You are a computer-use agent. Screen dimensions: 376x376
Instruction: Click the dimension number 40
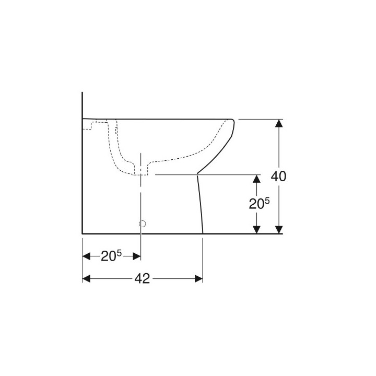(x=278, y=177)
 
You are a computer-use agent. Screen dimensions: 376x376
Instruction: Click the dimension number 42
(x=142, y=279)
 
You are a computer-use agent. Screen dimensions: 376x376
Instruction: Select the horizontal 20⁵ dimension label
(x=111, y=256)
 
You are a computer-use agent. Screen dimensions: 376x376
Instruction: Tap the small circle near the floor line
(x=141, y=224)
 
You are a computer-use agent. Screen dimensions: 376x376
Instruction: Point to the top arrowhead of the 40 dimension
(x=279, y=124)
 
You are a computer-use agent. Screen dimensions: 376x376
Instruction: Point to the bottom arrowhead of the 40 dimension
(x=279, y=229)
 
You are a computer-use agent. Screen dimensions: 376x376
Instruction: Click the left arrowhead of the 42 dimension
(x=87, y=279)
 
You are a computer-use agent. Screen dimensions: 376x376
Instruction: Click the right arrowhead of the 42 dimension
(x=198, y=279)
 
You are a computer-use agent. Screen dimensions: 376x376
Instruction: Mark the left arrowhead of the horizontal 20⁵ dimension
(x=87, y=256)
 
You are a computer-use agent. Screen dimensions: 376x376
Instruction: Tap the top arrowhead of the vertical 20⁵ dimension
(x=256, y=179)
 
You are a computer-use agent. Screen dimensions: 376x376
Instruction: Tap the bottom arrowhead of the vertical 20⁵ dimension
(x=256, y=229)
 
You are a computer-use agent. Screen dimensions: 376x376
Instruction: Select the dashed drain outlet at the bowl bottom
(x=141, y=172)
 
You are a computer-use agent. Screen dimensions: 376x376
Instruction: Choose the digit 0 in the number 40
(x=283, y=177)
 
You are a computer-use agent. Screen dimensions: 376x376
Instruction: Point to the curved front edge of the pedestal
(x=201, y=204)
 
